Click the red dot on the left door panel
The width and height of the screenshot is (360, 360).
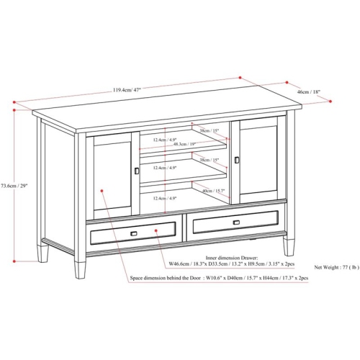click(105, 192)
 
